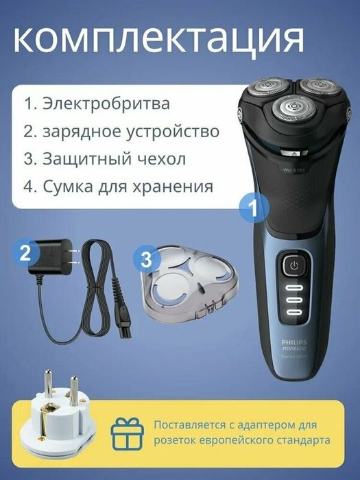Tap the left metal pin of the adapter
click(x=49, y=382)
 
